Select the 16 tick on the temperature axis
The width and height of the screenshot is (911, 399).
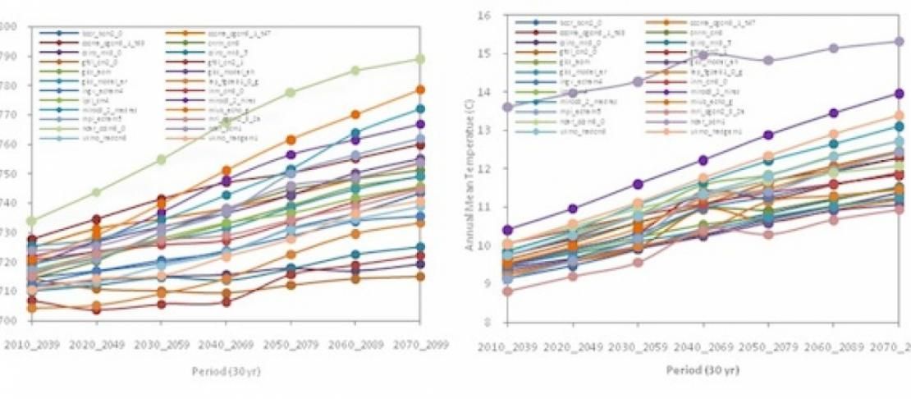tap(483, 15)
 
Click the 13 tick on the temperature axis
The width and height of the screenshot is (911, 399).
tap(483, 130)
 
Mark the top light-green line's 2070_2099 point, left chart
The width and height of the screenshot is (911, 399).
tap(419, 59)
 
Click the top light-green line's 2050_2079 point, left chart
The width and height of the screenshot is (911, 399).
tap(291, 93)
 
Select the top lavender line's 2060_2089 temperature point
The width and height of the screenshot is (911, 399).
tap(833, 48)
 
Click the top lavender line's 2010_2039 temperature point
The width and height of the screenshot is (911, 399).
tap(507, 107)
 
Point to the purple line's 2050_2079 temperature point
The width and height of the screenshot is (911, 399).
tap(768, 135)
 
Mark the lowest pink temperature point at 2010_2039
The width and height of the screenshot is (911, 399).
tap(507, 291)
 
